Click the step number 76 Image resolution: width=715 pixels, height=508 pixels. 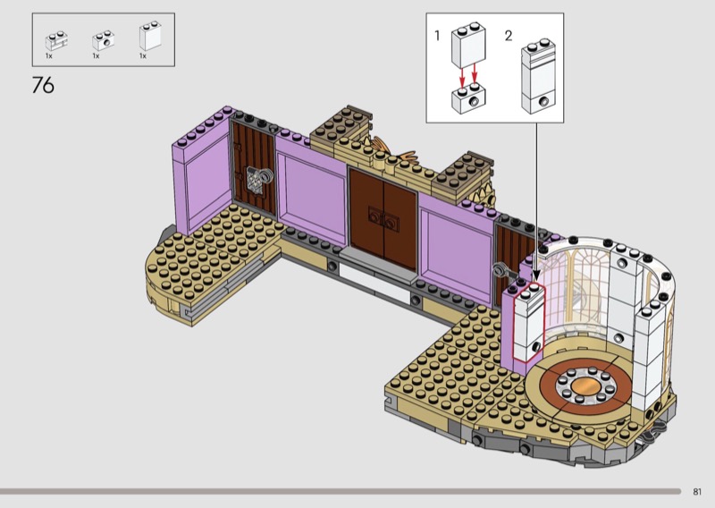(43, 85)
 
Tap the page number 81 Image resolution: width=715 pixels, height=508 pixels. (697, 492)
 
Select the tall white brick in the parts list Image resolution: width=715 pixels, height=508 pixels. (150, 36)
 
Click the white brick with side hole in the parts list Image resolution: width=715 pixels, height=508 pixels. (103, 40)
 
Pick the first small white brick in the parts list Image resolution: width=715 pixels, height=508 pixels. (56, 40)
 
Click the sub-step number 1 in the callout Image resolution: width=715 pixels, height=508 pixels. (437, 35)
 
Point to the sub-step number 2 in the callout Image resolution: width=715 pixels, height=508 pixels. (509, 35)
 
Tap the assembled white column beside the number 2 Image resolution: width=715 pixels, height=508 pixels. (538, 76)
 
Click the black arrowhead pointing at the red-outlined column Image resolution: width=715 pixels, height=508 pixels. (536, 275)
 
